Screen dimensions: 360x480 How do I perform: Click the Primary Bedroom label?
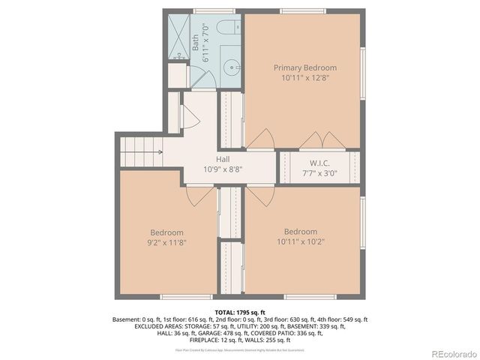point(304,67)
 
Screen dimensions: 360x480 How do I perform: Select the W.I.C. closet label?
point(320,163)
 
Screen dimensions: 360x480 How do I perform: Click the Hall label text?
point(223,160)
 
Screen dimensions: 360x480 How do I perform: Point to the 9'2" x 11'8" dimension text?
point(166,242)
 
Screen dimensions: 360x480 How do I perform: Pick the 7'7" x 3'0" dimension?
point(320,172)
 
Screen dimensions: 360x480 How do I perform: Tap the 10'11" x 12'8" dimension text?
point(304,77)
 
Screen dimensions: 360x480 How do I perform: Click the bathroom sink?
point(232,65)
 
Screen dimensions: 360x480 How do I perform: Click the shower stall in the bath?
point(178,37)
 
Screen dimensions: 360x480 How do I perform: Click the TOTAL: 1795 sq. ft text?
point(240,312)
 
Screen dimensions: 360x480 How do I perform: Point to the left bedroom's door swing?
point(200,195)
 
